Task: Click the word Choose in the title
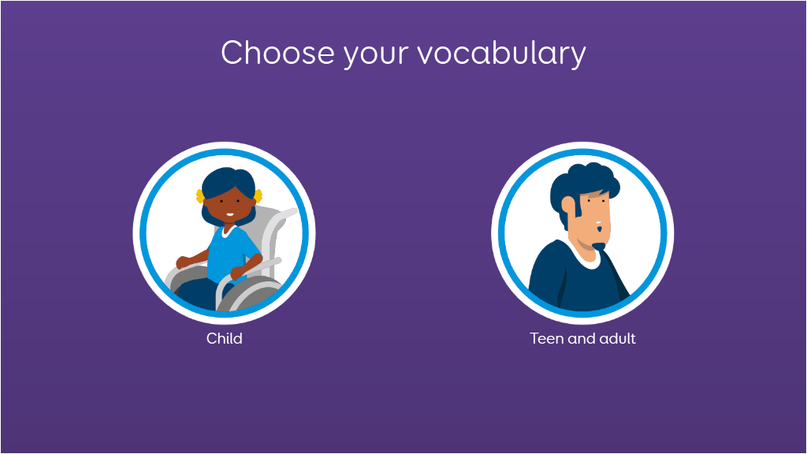pyautogui.click(x=278, y=53)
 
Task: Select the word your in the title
pyautogui.click(x=376, y=56)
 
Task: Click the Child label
pyautogui.click(x=225, y=338)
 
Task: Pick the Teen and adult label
pyautogui.click(x=582, y=338)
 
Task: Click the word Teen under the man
pyautogui.click(x=547, y=338)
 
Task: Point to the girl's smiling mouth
pyautogui.click(x=230, y=214)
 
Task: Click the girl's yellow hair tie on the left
pyautogui.click(x=199, y=196)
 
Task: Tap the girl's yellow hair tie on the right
pyautogui.click(x=258, y=195)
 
